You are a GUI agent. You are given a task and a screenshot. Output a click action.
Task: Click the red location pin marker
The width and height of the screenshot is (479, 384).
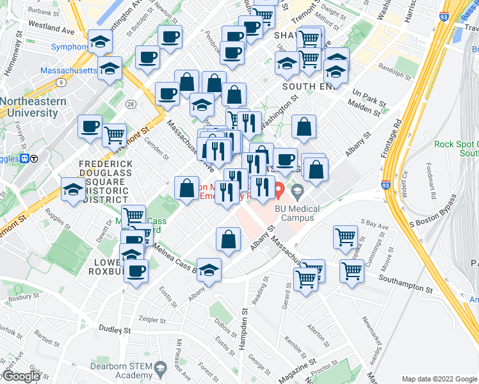pyautogui.click(x=280, y=189)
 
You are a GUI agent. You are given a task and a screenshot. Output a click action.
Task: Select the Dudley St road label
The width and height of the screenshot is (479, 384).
pyautogui.click(x=115, y=330)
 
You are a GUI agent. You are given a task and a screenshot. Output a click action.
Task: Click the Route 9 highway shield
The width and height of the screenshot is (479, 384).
pyautogui.click(x=60, y=82)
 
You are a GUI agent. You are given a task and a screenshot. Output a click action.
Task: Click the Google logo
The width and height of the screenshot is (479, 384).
pyautogui.click(x=21, y=376)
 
